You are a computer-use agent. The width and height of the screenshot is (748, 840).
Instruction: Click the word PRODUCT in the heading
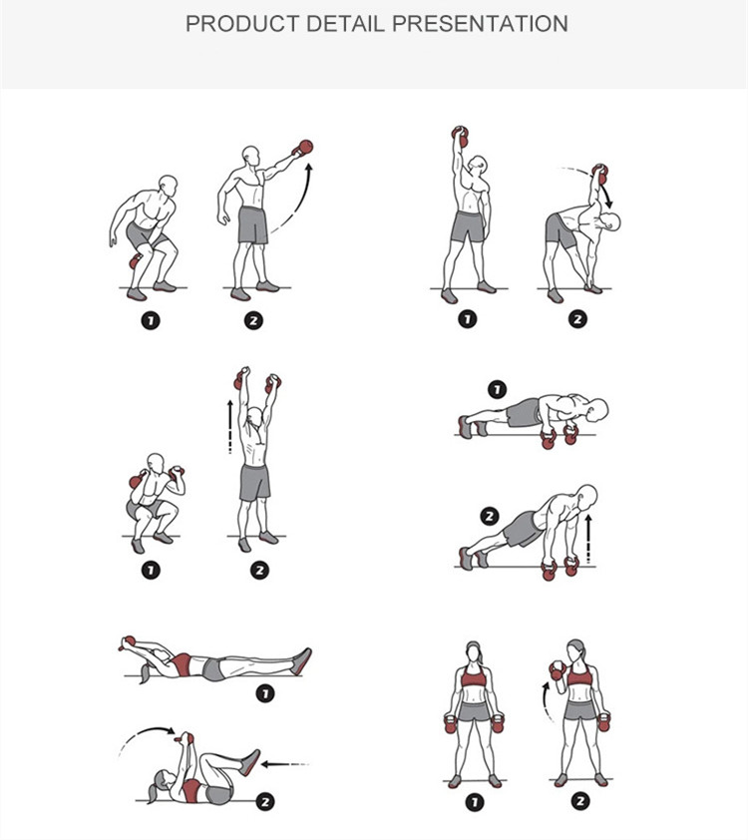pyautogui.click(x=242, y=24)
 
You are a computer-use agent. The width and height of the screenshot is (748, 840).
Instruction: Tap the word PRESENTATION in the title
pyautogui.click(x=480, y=24)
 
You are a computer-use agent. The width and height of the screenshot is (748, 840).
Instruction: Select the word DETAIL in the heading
pyautogui.click(x=345, y=24)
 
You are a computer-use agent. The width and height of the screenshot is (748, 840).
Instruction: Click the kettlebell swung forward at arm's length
pyautogui.click(x=303, y=148)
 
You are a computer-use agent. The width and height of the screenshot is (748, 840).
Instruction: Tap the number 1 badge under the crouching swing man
pyautogui.click(x=151, y=321)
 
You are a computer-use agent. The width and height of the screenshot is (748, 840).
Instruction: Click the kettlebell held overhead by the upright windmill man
pyautogui.click(x=460, y=136)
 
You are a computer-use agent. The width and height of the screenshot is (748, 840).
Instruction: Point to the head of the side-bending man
pyautogui.click(x=610, y=221)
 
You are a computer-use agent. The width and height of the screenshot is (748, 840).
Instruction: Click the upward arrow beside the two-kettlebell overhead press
pyautogui.click(x=230, y=427)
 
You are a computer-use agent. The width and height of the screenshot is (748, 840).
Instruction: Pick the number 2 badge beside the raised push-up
pyautogui.click(x=490, y=517)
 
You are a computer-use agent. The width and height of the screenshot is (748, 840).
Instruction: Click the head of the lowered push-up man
pyautogui.click(x=597, y=409)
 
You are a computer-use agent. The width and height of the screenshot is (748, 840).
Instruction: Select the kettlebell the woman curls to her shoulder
pyautogui.click(x=558, y=670)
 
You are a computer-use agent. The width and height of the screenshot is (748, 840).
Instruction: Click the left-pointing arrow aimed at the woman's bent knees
pyautogui.click(x=285, y=764)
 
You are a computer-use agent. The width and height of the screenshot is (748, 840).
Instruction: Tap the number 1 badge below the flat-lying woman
pyautogui.click(x=265, y=694)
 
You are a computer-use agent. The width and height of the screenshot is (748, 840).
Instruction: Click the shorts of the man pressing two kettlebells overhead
pyautogui.click(x=255, y=483)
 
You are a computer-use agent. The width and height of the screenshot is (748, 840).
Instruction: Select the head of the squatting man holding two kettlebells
pyautogui.click(x=156, y=463)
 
